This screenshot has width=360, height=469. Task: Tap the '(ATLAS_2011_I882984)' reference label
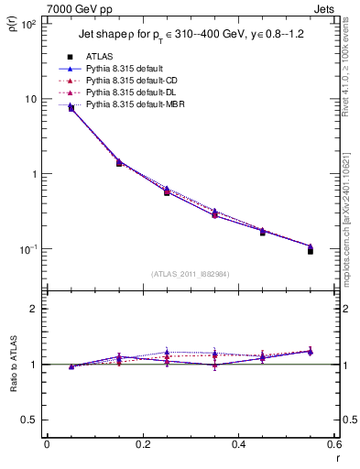click(x=190, y=274)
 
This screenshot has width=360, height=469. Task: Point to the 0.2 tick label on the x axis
click(x=142, y=444)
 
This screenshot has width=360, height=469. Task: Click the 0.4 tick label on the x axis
click(x=238, y=444)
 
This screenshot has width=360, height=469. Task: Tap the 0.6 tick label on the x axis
click(x=333, y=444)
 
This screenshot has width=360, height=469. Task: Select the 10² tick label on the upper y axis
click(x=28, y=24)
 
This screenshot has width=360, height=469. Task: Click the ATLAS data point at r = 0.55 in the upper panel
click(x=311, y=250)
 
